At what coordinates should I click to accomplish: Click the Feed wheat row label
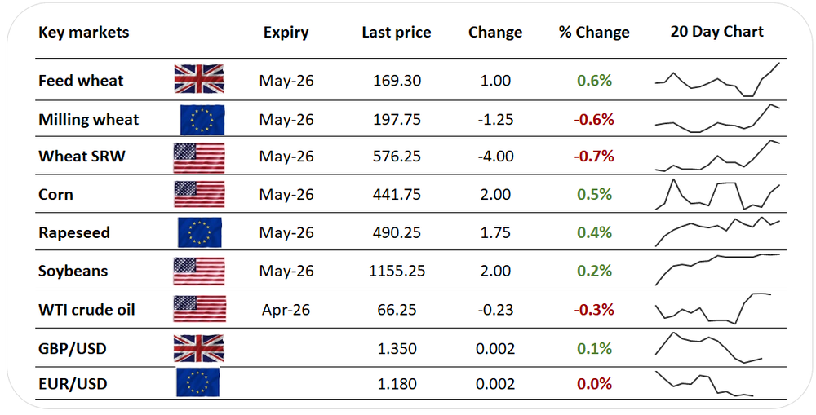(81, 81)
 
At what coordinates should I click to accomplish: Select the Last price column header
(396, 33)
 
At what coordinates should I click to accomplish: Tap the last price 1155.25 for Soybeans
(396, 272)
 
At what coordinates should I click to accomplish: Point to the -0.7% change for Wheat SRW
(594, 157)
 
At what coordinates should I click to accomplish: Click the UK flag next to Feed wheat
(199, 80)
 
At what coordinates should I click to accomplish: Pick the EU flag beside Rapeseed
(200, 233)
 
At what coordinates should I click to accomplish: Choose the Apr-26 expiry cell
(286, 310)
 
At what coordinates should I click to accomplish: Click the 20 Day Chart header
(716, 32)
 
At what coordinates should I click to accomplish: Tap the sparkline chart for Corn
(717, 195)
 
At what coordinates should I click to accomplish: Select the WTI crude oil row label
(86, 310)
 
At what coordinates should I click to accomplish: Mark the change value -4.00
(495, 157)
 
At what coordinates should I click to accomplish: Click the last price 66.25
(396, 310)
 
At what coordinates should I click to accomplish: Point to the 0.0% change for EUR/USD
(594, 384)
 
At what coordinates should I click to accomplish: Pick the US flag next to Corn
(199, 195)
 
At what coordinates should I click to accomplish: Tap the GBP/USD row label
(73, 349)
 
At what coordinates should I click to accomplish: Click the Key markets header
(83, 33)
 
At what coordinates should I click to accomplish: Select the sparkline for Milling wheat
(717, 119)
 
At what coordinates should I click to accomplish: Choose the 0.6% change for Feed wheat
(594, 81)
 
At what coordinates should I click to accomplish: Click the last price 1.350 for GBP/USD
(396, 349)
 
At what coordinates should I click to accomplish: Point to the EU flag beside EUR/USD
(198, 383)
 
